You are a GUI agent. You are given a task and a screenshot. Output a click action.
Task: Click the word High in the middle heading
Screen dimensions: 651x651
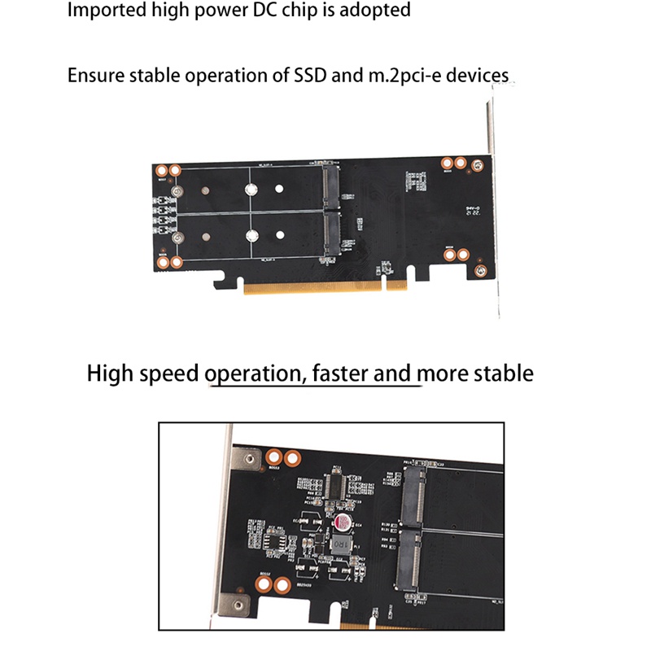(x=109, y=374)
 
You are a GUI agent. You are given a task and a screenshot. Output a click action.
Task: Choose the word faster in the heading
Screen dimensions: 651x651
(x=338, y=374)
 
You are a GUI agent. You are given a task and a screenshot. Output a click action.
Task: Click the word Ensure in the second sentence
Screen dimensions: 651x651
(x=93, y=76)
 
